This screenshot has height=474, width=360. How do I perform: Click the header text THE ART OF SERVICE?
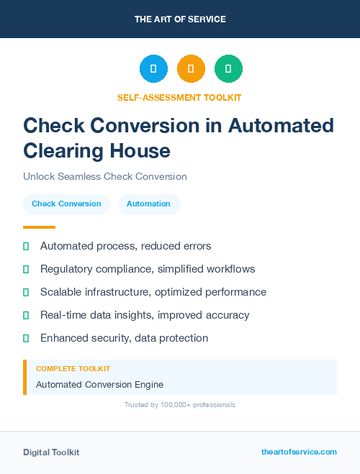pyautogui.click(x=180, y=19)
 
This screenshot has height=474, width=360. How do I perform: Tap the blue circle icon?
pyautogui.click(x=153, y=68)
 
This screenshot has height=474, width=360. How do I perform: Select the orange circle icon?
pyautogui.click(x=191, y=68)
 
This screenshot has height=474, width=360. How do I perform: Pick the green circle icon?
pyautogui.click(x=228, y=68)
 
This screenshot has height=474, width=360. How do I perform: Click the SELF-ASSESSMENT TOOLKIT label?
pyautogui.click(x=179, y=97)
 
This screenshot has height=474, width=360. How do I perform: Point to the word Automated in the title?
pyautogui.click(x=281, y=125)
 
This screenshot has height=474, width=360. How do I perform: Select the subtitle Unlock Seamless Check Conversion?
pyautogui.click(x=105, y=176)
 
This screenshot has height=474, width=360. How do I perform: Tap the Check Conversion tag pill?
pyautogui.click(x=66, y=204)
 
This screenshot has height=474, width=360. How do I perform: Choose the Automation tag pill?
pyautogui.click(x=148, y=204)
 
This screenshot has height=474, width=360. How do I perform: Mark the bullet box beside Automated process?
pyautogui.click(x=26, y=246)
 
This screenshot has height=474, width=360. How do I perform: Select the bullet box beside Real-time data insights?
pyautogui.click(x=26, y=315)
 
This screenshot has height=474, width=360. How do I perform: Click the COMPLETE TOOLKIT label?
pyautogui.click(x=73, y=368)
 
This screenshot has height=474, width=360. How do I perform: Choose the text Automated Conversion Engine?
pyautogui.click(x=99, y=384)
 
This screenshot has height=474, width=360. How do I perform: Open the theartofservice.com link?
pyautogui.click(x=299, y=452)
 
